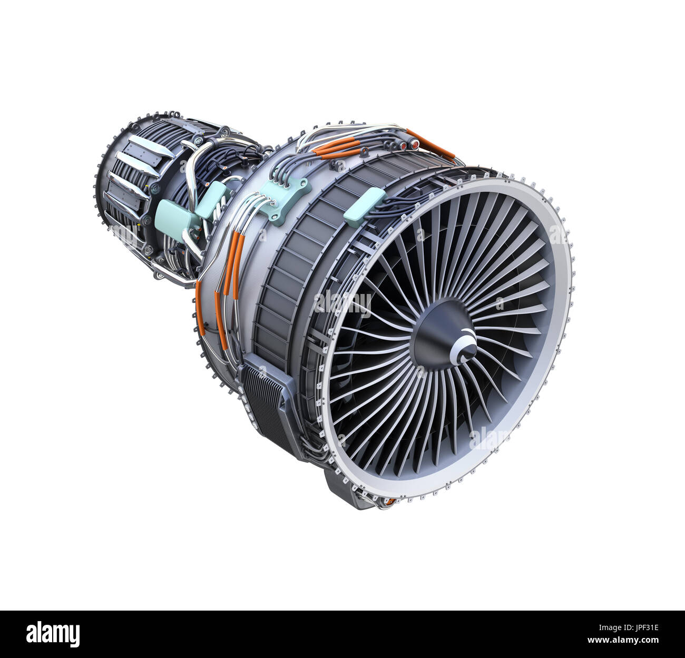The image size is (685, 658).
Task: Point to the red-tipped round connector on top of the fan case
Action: pos(413,143)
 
